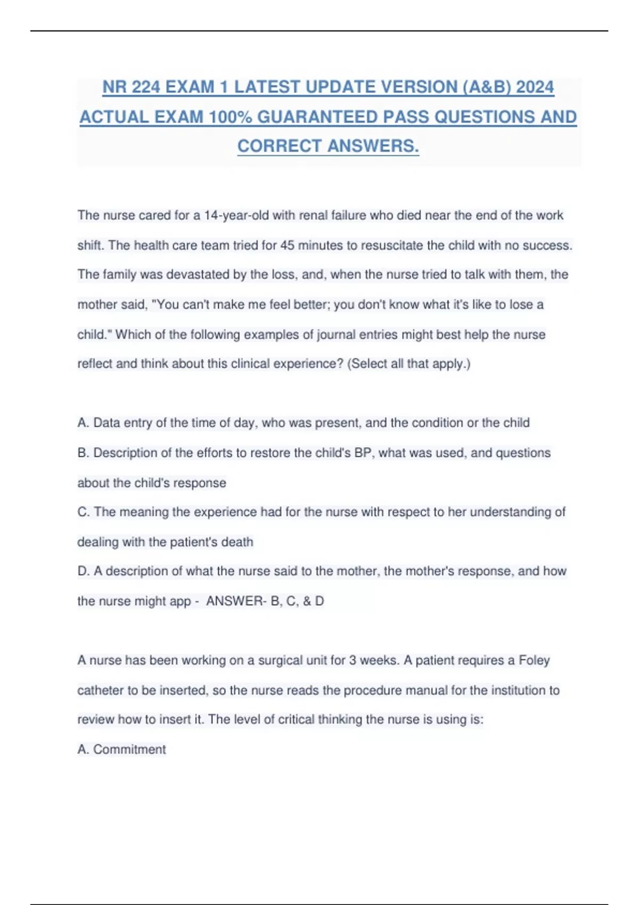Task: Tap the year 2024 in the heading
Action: coord(535,87)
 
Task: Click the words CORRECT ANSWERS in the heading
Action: coord(328,146)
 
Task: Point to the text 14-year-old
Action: coord(237,216)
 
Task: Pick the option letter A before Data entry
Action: coord(83,423)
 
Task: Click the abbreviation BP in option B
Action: coord(363,453)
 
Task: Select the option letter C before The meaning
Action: coord(83,512)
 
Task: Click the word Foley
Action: coord(534,661)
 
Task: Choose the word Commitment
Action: coord(129,750)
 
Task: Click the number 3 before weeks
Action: coord(353,661)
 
